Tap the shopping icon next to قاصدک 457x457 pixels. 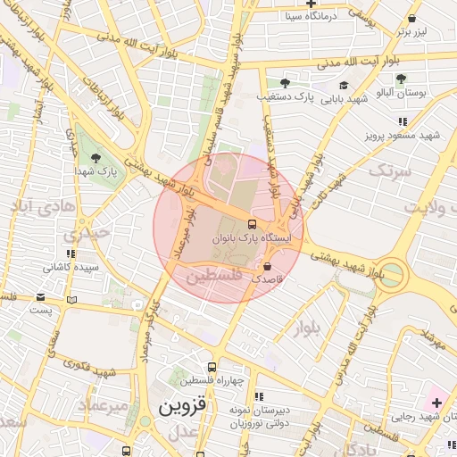click(x=268, y=265)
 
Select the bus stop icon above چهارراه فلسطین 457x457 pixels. click(x=212, y=367)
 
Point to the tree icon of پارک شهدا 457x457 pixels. click(x=108, y=156)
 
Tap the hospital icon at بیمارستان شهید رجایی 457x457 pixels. click(x=436, y=403)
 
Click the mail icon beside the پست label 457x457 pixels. click(x=72, y=300)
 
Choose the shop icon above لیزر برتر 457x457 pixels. click(x=411, y=18)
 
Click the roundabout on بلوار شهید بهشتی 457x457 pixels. click(x=393, y=275)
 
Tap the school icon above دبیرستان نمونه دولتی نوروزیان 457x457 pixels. click(x=259, y=396)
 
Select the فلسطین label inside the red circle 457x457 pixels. click(x=213, y=278)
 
